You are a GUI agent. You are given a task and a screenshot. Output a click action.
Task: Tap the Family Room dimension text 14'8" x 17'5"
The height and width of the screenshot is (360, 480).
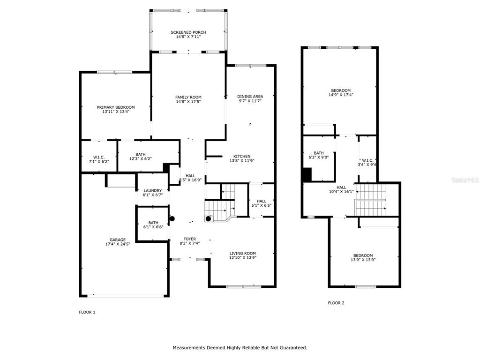pos(188,102)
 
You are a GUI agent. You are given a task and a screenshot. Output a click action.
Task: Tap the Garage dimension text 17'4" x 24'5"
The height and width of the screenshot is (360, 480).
pos(118,244)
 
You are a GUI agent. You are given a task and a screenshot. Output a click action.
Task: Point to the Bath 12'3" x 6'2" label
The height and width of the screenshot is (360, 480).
pos(141,157)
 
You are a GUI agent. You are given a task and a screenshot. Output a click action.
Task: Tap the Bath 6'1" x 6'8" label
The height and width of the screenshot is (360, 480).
pos(153,225)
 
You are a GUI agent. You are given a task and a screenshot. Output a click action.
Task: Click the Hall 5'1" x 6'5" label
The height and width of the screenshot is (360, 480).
pos(262,203)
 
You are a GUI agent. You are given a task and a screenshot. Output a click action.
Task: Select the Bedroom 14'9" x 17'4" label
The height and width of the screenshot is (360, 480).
pos(341,93)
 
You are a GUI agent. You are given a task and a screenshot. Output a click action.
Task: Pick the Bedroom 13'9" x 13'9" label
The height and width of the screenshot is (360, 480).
pos(363,258)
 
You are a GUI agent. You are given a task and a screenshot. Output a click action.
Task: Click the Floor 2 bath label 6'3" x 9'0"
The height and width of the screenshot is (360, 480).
pos(319,155)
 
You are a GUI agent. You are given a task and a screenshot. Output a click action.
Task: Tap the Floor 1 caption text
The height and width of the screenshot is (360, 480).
pos(87,312)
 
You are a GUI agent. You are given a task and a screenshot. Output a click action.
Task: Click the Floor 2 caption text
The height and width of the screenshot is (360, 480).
pos(336,303)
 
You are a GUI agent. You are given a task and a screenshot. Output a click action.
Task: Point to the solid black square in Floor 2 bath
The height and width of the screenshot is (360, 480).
pos(307,175)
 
